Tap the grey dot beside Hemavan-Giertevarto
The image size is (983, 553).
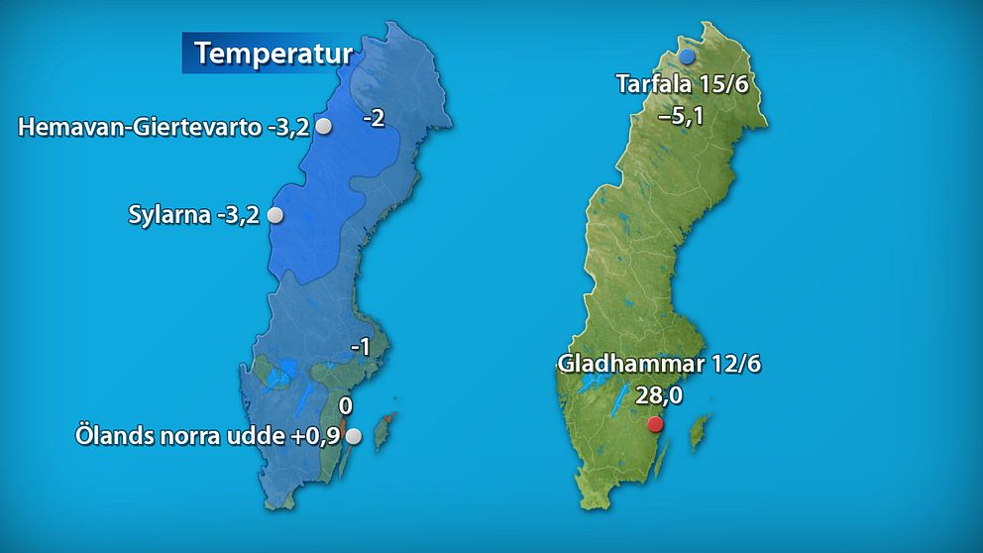coord(323,127)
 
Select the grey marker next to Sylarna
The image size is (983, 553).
coord(275,215)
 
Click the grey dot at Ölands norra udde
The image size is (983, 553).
coord(352,435)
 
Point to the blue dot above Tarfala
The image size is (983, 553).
coord(687,58)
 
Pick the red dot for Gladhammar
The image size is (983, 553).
coord(654,425)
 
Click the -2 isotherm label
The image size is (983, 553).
coord(374,119)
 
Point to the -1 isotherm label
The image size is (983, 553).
coord(360,348)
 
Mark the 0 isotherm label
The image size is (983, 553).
coord(346,406)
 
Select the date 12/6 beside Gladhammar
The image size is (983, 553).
coord(735,364)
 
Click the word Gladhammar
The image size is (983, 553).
coord(630,364)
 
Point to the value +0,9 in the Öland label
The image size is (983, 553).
coord(312,435)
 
